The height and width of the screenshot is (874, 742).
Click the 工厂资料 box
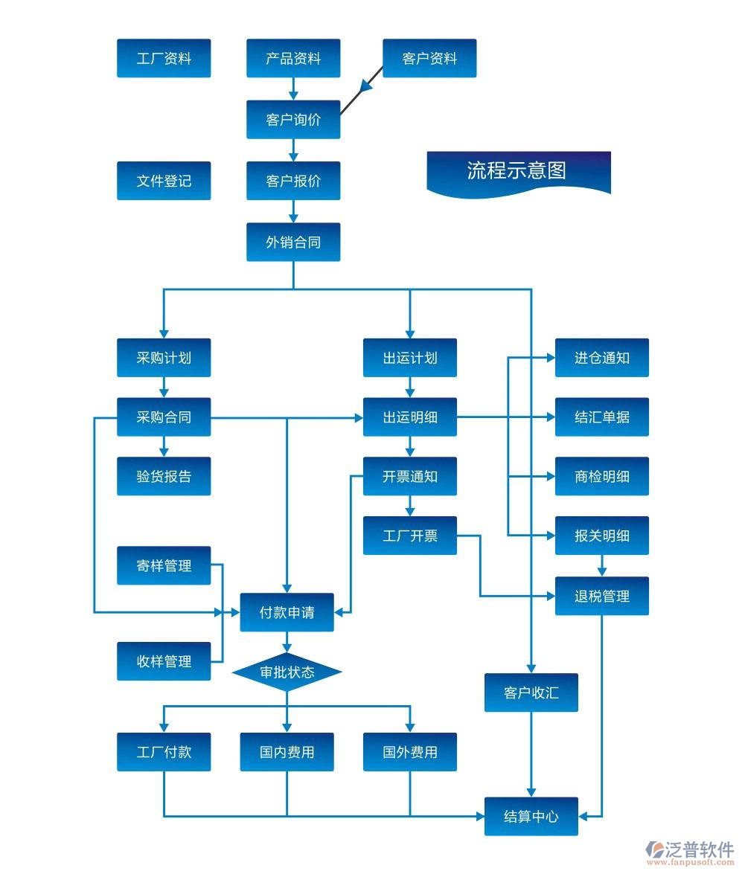click(164, 58)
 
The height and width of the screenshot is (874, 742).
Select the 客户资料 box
click(429, 58)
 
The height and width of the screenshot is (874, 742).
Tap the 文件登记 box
click(164, 181)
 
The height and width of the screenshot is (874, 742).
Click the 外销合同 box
click(293, 242)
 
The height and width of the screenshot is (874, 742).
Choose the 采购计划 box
click(164, 358)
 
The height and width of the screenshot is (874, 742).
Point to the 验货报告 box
click(164, 477)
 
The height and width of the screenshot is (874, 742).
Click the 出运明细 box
click(409, 417)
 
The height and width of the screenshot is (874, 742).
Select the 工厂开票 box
click(409, 536)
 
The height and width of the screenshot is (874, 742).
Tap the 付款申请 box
click(287, 612)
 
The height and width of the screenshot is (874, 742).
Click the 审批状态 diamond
click(287, 672)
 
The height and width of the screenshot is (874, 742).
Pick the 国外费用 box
click(409, 752)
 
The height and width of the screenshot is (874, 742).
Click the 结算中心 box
click(531, 816)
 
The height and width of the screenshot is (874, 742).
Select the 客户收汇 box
click(531, 693)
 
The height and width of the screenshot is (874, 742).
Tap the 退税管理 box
click(602, 596)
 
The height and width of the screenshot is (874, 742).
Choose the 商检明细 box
click(602, 477)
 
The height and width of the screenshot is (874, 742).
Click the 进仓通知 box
click(602, 358)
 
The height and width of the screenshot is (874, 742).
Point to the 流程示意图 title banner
click(518, 172)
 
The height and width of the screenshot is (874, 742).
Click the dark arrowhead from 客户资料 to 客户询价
click(367, 86)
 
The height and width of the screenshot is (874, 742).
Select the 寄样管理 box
click(164, 566)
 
